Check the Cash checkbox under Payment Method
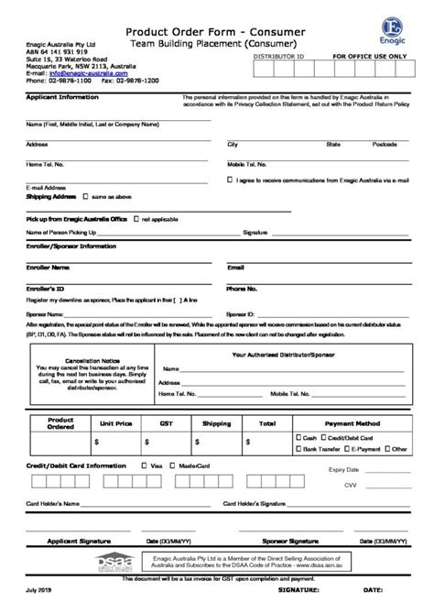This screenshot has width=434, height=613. click(297, 438)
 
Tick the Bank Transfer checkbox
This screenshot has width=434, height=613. click(297, 449)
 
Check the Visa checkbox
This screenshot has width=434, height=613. click(145, 465)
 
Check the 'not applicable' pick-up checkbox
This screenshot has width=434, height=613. click(136, 220)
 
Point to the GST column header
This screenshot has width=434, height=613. click(167, 424)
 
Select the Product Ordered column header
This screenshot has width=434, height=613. click(60, 422)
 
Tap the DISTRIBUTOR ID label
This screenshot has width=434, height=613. click(277, 56)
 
